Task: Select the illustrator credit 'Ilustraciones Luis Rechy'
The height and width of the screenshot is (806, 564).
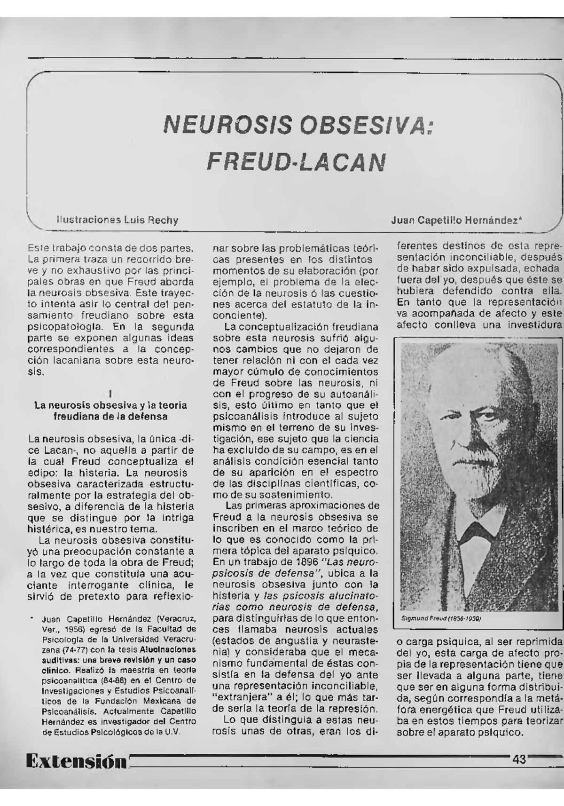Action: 117,220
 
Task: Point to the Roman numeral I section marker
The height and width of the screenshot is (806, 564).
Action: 109,393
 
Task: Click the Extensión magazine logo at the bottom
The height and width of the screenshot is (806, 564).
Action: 77,760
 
